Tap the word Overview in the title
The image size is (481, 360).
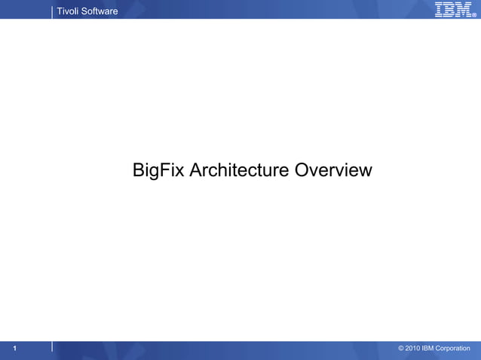[333, 171]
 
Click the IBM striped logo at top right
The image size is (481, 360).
[452, 9]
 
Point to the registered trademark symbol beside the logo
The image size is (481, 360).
[474, 15]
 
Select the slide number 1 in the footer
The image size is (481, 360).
[15, 348]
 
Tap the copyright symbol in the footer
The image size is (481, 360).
[401, 348]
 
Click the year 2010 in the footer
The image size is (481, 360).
[414, 348]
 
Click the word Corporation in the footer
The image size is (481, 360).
[456, 348]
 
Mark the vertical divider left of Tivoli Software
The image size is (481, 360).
[52, 11]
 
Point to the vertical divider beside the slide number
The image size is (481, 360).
[52, 346]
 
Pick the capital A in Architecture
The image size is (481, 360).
[196, 171]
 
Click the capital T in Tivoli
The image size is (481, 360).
[60, 11]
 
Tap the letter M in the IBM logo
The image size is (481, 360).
[462, 9]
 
